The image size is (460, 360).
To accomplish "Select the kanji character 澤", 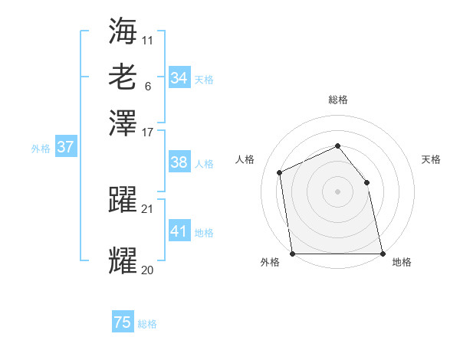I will coord(123,123).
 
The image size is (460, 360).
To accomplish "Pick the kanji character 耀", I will coord(123,260).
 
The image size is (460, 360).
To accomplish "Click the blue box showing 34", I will coord(179,78).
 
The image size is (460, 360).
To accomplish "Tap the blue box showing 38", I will coord(179,162).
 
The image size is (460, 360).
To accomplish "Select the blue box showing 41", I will coord(179,231).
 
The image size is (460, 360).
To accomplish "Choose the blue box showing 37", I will coord(65,147).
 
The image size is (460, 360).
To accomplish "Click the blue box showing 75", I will coord(123,322).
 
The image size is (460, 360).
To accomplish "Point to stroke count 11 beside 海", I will coord(148,38).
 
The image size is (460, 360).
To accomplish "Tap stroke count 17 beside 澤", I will coord(148,132).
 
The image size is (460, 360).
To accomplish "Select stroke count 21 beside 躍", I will coord(148,208).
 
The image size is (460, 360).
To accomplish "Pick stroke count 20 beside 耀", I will coord(148,270).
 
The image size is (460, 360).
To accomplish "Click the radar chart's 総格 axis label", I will coord(337,100).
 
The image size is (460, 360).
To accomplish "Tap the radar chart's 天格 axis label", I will coord(431,159).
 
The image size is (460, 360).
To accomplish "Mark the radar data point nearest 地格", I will coord(382,254).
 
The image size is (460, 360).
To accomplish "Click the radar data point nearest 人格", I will coord(280,172).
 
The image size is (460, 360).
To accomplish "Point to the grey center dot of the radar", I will coord(337,191).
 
